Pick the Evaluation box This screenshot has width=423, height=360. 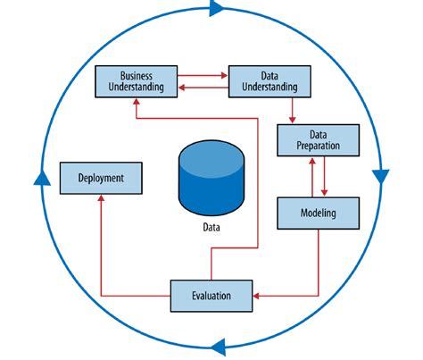[211, 294]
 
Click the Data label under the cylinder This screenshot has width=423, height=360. [211, 227]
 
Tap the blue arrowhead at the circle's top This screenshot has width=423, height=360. [216, 9]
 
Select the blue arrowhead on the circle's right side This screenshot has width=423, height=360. [380, 175]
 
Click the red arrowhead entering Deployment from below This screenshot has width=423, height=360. [99, 199]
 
